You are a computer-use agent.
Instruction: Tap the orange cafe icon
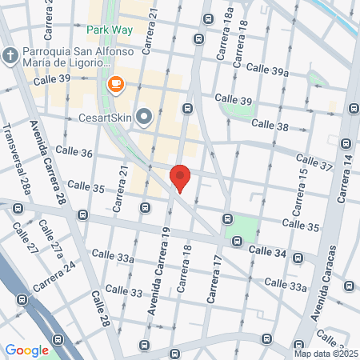click(x=115, y=84)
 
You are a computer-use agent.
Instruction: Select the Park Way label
click(x=111, y=30)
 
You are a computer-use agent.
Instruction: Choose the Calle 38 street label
click(x=270, y=124)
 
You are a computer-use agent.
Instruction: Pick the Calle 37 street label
click(x=314, y=163)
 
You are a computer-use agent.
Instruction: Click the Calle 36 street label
click(x=75, y=153)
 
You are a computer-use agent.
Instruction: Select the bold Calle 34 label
click(x=267, y=251)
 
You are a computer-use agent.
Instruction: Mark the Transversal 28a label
click(x=16, y=161)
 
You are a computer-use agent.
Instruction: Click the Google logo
click(x=26, y=350)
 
